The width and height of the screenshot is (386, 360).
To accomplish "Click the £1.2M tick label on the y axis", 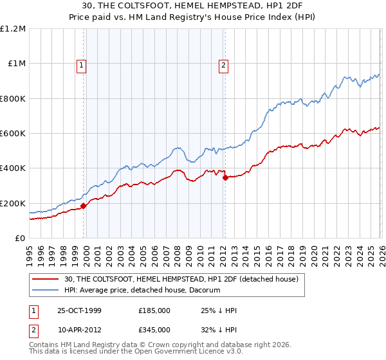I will coord(13,29).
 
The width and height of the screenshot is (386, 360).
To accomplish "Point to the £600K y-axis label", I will coord(13,134).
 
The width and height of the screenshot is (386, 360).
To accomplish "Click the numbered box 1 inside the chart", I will coord(82,64).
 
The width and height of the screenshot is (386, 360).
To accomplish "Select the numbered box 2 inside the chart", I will coord(223,64).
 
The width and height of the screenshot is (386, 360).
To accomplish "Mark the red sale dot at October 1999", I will coord(84,206).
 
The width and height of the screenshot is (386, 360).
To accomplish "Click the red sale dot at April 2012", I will coord(225,178).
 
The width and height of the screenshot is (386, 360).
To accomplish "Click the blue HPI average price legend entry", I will coord(142,291).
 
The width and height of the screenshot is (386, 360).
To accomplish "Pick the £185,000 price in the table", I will coord(154,310).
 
